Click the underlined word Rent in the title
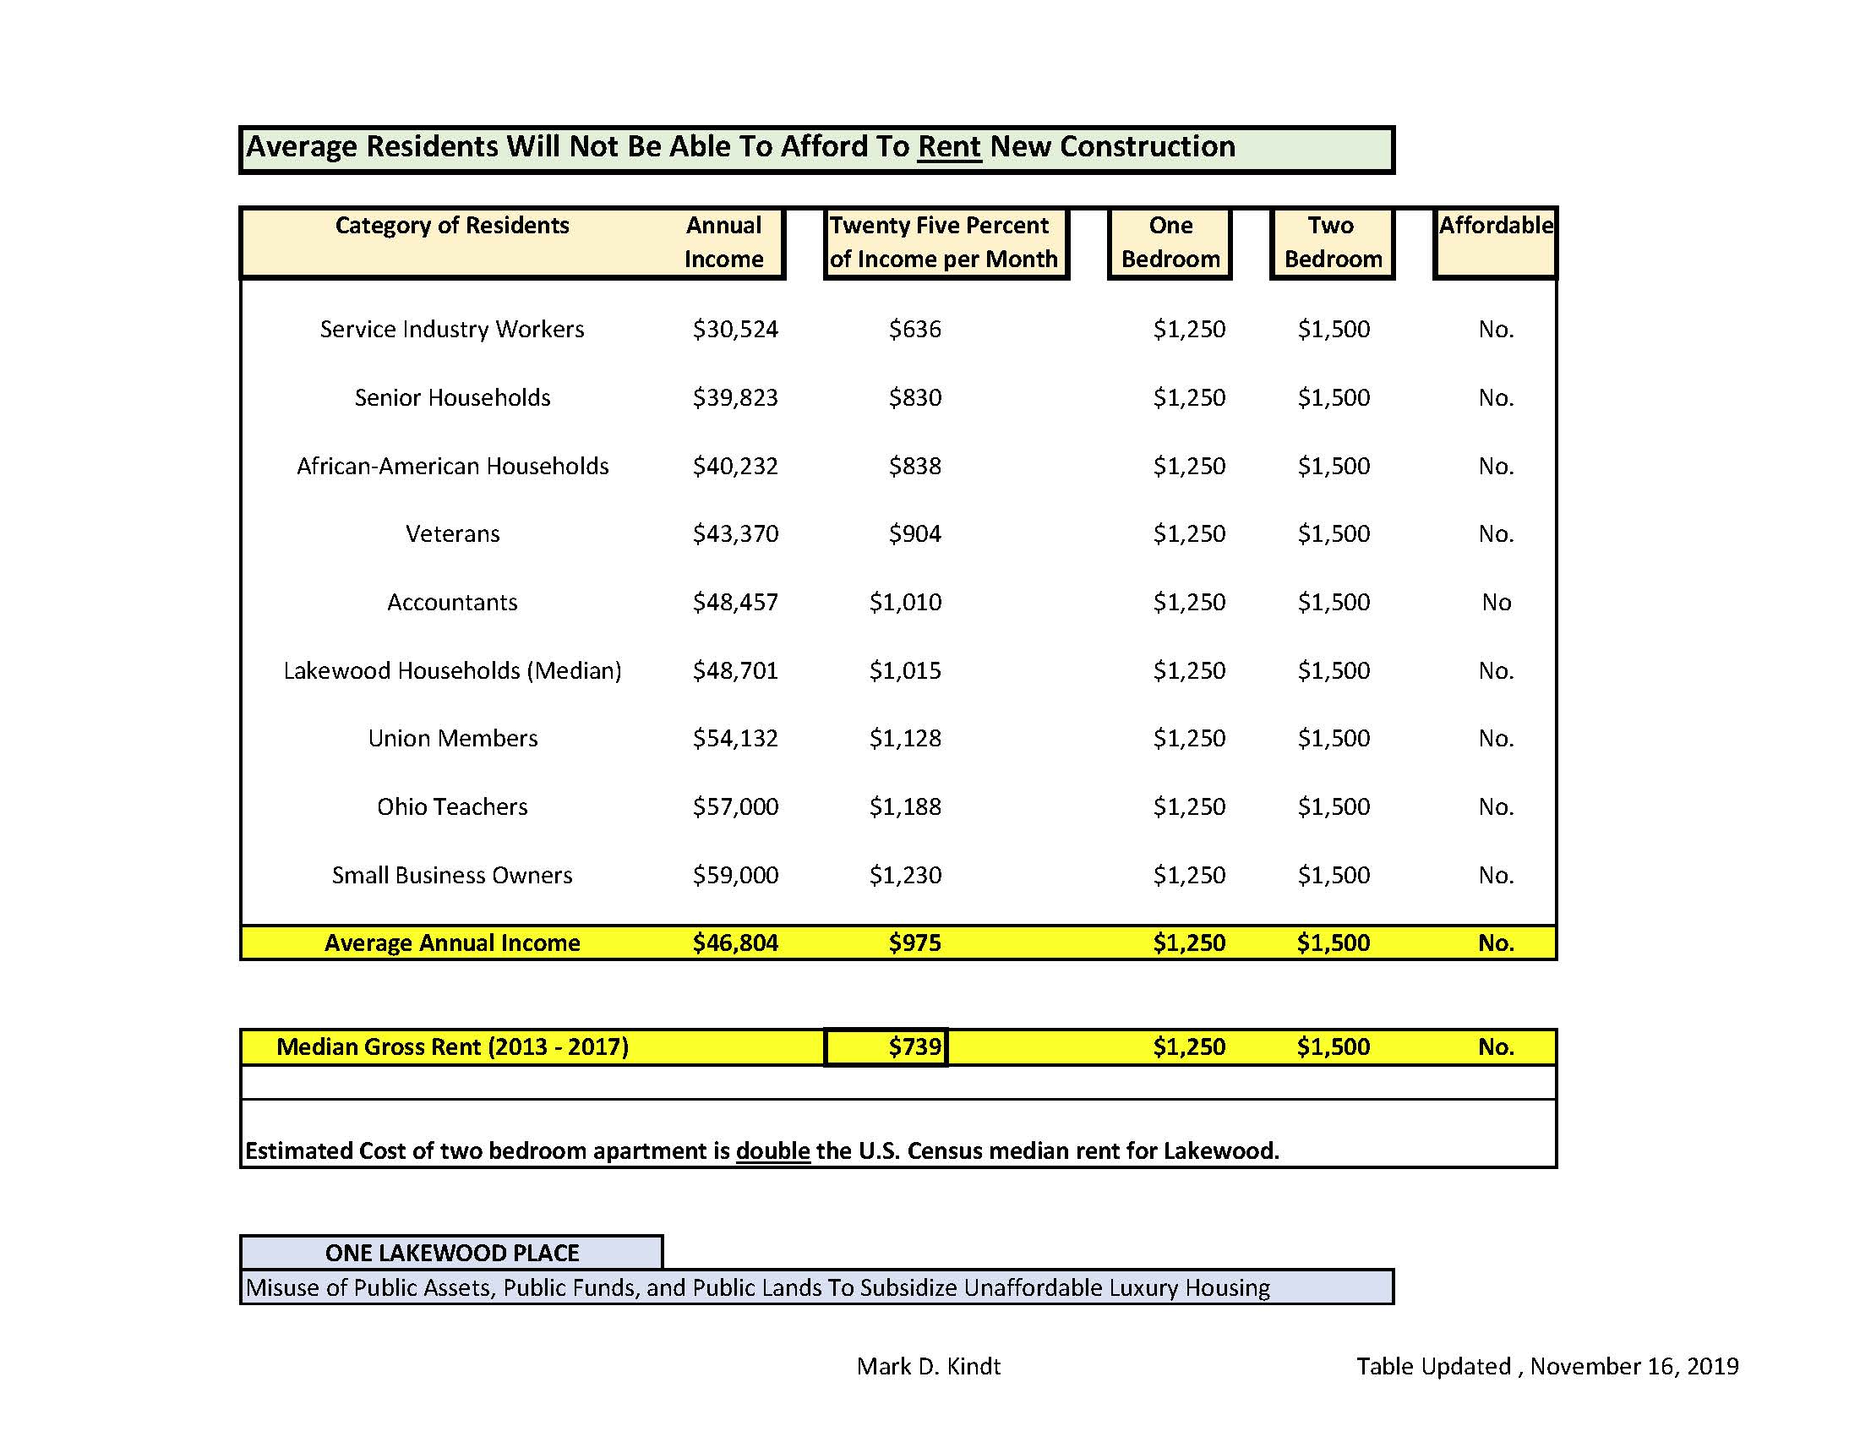(x=949, y=146)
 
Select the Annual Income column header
(x=723, y=242)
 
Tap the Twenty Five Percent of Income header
(x=943, y=242)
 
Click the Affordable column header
(x=1495, y=226)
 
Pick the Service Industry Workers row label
(x=451, y=329)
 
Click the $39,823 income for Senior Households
(x=735, y=397)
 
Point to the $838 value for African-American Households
(x=914, y=466)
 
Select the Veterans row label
(x=452, y=534)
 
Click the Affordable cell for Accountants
(x=1496, y=602)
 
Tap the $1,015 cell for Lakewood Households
(x=904, y=670)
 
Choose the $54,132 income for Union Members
(x=735, y=738)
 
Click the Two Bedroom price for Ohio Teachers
(x=1333, y=806)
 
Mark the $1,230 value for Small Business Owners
(x=904, y=875)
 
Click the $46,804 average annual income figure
(x=735, y=943)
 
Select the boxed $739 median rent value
(x=914, y=1046)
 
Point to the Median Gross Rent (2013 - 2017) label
(x=452, y=1046)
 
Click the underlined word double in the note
(x=772, y=1150)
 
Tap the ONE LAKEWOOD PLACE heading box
(x=451, y=1252)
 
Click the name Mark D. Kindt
(x=928, y=1366)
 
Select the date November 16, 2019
(x=1634, y=1366)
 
